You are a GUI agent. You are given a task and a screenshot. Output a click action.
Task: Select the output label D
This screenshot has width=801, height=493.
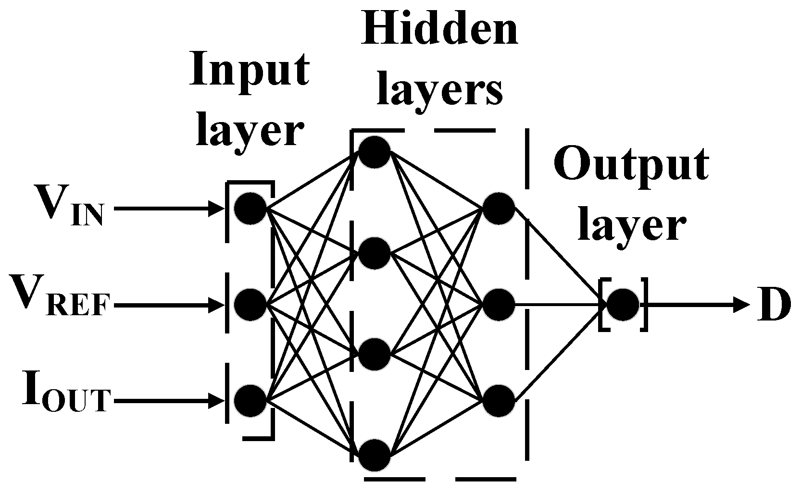pyautogui.click(x=773, y=305)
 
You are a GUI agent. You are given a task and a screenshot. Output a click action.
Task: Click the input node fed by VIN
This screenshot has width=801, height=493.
pyautogui.click(x=250, y=208)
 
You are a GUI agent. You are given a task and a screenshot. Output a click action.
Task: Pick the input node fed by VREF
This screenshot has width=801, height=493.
pyautogui.click(x=250, y=304)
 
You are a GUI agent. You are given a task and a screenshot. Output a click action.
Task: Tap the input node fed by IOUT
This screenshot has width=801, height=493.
pyautogui.click(x=250, y=400)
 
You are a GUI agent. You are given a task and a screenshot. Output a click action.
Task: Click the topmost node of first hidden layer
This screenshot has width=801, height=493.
pyautogui.click(x=375, y=152)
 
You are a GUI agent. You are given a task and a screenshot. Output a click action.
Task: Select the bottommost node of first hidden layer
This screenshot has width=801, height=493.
pyautogui.click(x=375, y=455)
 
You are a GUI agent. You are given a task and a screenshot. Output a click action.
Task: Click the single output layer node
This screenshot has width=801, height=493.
pyautogui.click(x=623, y=305)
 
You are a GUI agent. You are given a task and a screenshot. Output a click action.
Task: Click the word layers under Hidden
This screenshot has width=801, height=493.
pyautogui.click(x=439, y=91)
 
